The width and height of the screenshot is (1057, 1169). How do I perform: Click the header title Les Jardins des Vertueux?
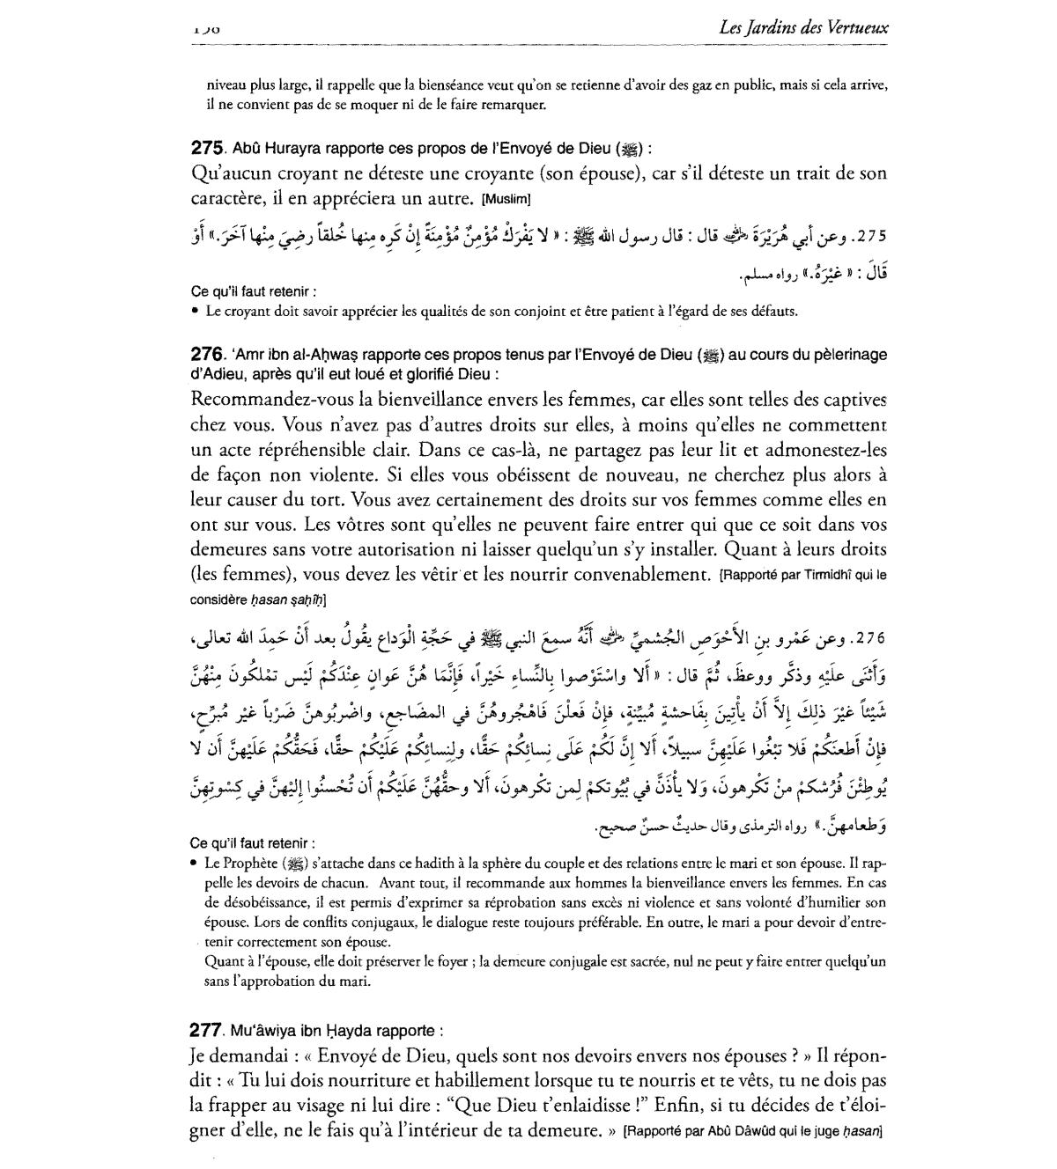click(803, 27)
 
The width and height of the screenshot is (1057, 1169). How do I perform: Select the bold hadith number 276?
click(209, 354)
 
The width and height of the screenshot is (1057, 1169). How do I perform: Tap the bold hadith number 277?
click(208, 1030)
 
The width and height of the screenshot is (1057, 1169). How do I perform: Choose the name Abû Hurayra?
click(272, 149)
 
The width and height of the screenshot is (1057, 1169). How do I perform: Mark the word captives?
click(851, 400)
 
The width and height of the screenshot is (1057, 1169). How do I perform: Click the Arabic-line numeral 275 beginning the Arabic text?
click(869, 237)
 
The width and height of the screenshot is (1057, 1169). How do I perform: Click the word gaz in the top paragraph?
click(700, 86)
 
